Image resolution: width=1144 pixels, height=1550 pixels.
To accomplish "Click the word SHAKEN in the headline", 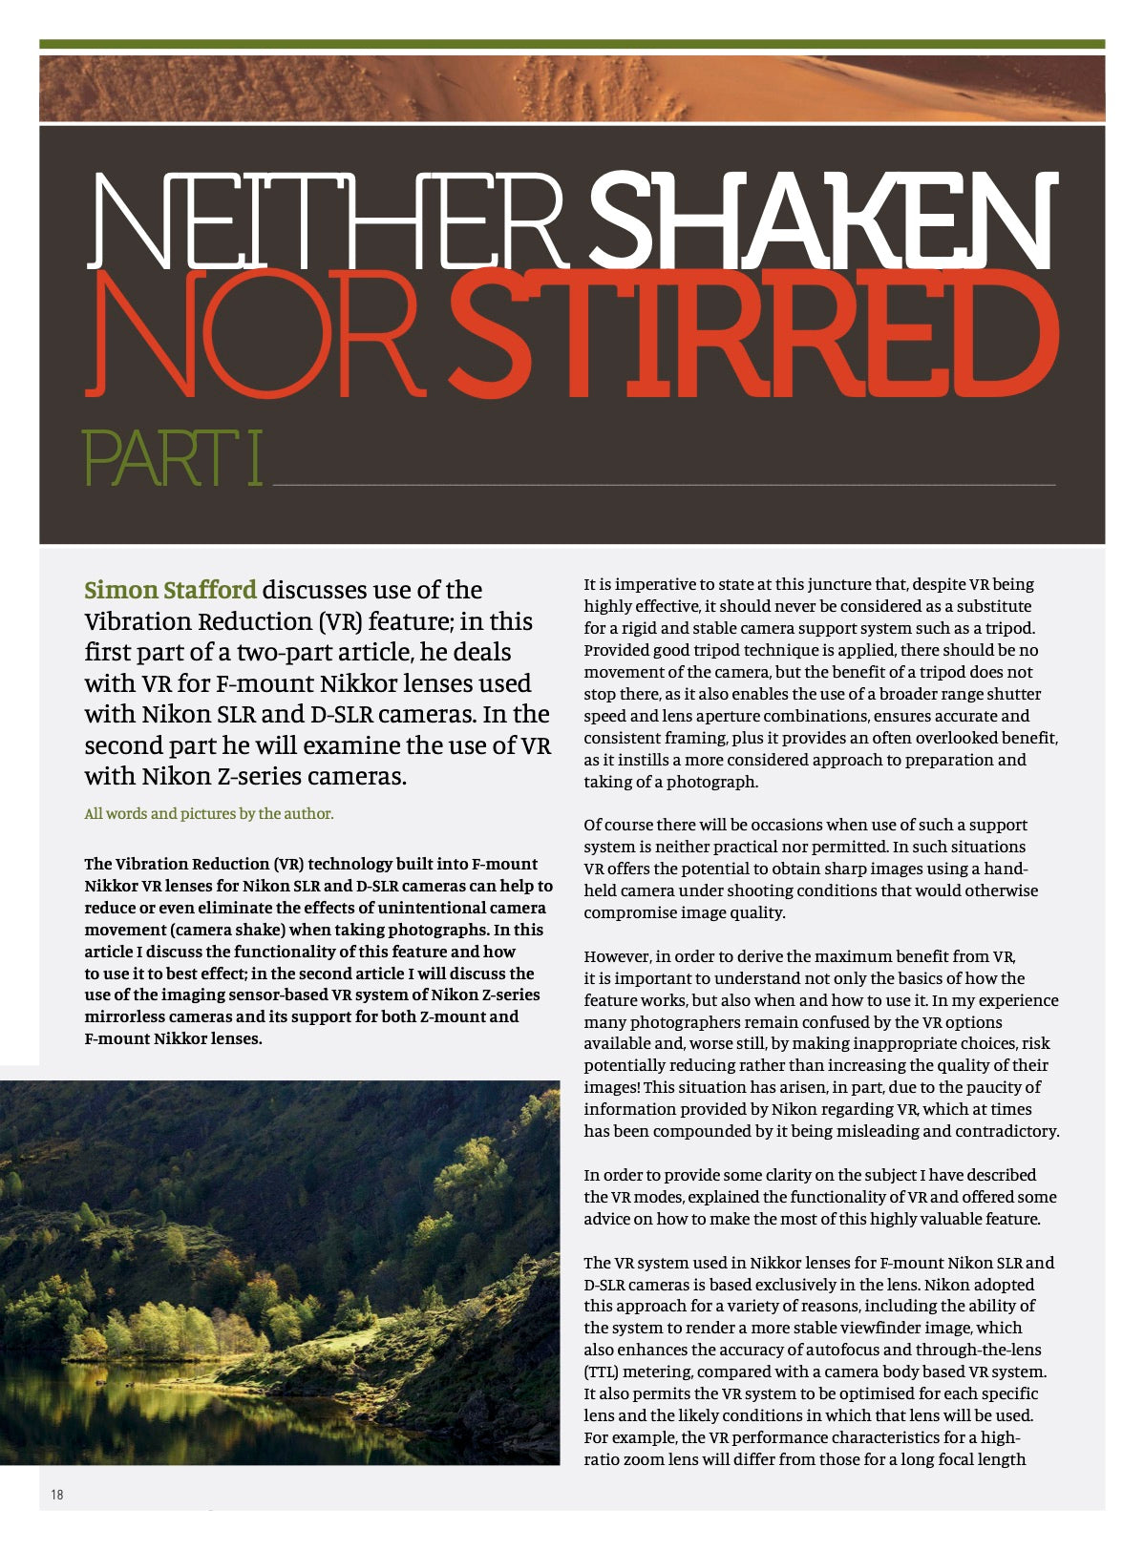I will [823, 221].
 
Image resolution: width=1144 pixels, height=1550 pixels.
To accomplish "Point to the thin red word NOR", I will [254, 334].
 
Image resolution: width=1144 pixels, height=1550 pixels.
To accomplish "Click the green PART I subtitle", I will [172, 459].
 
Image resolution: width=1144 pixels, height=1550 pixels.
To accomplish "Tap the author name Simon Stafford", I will [170, 590].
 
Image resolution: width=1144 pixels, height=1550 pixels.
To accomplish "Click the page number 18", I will [57, 1495].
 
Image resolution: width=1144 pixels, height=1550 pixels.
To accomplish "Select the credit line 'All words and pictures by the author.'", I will [208, 814].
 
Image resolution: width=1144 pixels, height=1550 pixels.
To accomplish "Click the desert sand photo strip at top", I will [571, 89].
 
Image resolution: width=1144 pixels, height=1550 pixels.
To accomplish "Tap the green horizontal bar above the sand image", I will [571, 44].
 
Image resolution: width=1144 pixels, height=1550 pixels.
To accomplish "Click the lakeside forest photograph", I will [279, 1272].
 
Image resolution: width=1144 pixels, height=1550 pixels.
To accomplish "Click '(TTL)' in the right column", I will [604, 1372].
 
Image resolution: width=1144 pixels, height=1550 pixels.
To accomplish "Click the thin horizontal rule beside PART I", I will [664, 485].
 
